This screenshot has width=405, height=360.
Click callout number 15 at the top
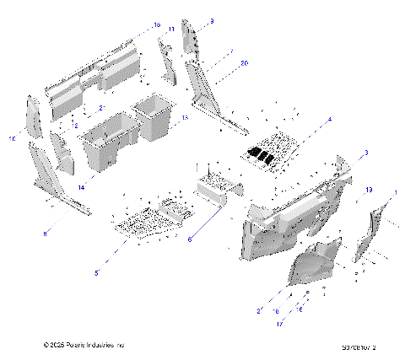pos(157,26)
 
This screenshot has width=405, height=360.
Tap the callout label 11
pos(171,30)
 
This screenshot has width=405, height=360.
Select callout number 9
pos(212,21)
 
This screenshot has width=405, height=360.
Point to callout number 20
pos(245,63)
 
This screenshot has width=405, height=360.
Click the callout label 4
pos(330,120)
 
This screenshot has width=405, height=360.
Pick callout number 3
pos(365,153)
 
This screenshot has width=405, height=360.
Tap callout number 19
pos(370,191)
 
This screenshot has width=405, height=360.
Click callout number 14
pos(82,186)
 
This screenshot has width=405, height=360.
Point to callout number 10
pos(13,138)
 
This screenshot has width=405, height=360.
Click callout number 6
pos(190,240)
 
